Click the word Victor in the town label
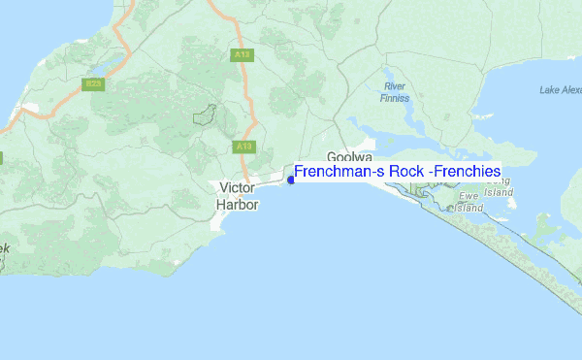pyautogui.click(x=238, y=187)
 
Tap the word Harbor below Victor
pyautogui.click(x=238, y=205)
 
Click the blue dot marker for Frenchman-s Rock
pyautogui.click(x=291, y=179)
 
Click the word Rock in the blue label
pyautogui.click(x=404, y=172)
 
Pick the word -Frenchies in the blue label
pyautogui.click(x=467, y=172)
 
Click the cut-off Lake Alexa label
pyautogui.click(x=560, y=90)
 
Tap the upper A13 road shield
pyautogui.click(x=242, y=55)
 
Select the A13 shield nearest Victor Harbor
pyautogui.click(x=243, y=147)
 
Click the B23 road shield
pyautogui.click(x=93, y=84)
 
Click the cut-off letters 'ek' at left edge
pyautogui.click(x=4, y=249)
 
